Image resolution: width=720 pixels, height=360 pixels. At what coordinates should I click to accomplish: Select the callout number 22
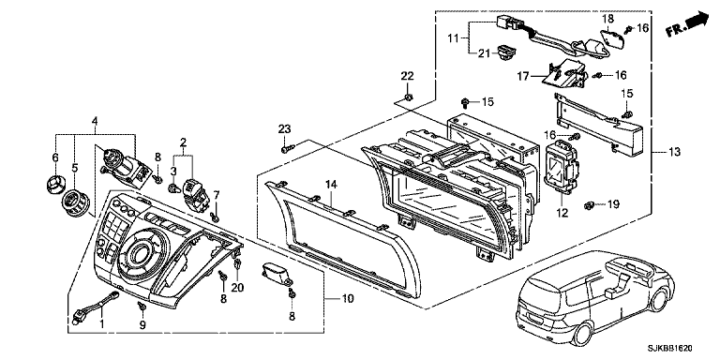point(407,76)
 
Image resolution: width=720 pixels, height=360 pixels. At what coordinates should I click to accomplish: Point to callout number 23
point(285,129)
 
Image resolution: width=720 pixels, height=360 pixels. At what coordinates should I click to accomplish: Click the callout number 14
point(332,185)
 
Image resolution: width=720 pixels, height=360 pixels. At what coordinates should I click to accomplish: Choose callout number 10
point(348,299)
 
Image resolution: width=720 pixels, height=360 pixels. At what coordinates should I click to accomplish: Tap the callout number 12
point(562,213)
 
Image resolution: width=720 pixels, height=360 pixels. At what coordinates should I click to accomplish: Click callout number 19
point(613,203)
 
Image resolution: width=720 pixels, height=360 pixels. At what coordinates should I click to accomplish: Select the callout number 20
point(237,288)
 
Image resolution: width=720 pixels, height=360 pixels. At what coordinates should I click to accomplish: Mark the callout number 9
point(142,325)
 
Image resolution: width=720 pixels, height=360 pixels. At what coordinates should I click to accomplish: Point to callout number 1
point(102,325)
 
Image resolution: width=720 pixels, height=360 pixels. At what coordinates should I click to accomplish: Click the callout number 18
point(607,19)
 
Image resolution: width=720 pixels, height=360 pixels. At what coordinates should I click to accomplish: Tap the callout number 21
point(484,53)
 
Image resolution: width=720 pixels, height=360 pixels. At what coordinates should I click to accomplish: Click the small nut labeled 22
point(407,97)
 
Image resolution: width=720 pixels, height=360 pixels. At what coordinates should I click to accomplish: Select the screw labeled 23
point(287,148)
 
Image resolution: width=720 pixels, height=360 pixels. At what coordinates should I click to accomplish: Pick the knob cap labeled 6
point(54,183)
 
